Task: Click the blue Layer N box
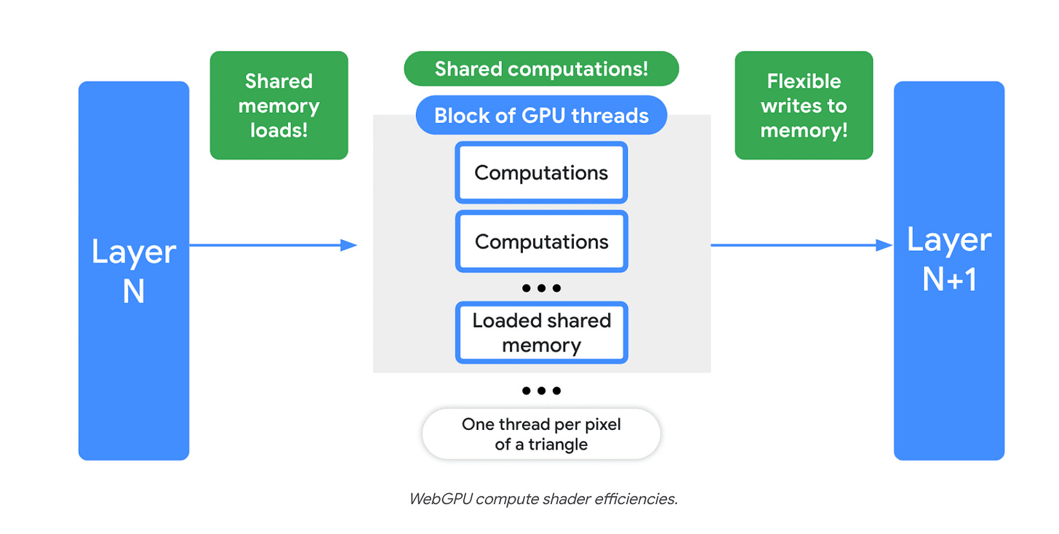click(x=134, y=271)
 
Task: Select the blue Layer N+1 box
click(x=948, y=271)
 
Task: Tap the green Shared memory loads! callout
click(x=279, y=105)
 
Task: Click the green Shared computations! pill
click(x=541, y=69)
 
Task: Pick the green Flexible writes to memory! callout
click(x=804, y=105)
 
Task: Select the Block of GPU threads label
click(x=541, y=116)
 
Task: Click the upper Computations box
click(x=541, y=173)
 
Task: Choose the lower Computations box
click(x=541, y=242)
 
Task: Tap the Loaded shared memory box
click(x=541, y=332)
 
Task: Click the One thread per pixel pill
click(x=541, y=434)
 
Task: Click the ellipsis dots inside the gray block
click(x=541, y=288)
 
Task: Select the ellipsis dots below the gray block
click(x=541, y=391)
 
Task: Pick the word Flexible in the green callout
click(x=804, y=81)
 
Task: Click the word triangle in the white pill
click(x=557, y=445)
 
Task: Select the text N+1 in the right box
click(x=948, y=279)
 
